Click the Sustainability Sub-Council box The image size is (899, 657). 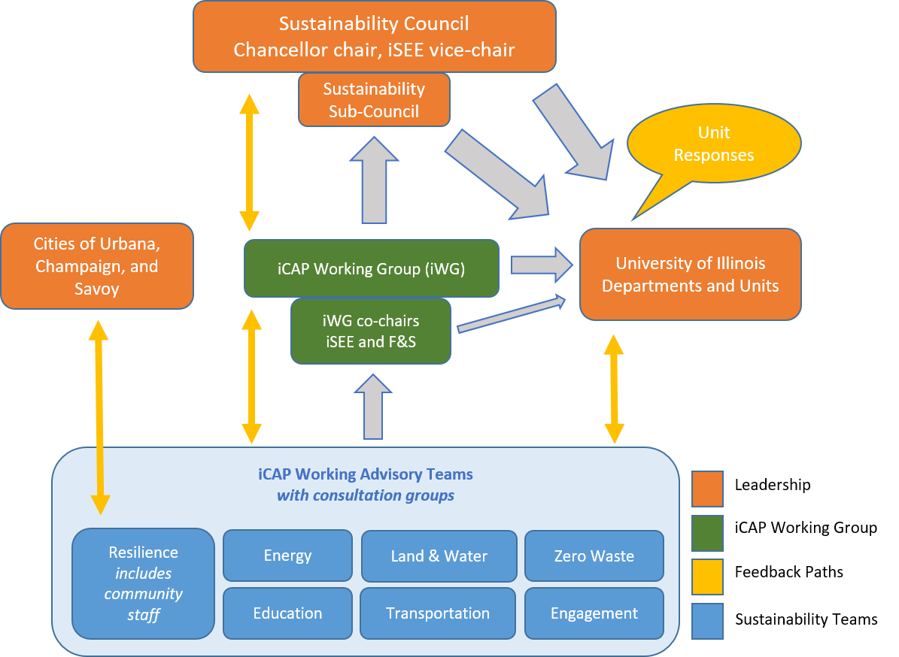click(374, 99)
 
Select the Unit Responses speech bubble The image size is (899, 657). click(713, 144)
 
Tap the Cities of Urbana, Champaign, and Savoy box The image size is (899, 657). click(97, 266)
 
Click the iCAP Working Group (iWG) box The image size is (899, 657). click(372, 268)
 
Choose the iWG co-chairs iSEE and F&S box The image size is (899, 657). click(371, 331)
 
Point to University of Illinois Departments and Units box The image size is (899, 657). click(690, 274)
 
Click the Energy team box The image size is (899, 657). click(287, 556)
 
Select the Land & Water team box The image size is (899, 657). click(439, 556)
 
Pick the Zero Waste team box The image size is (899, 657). click(594, 556)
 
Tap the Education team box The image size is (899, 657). click(287, 613)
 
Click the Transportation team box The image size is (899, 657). click(438, 613)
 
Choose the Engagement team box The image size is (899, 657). click(594, 613)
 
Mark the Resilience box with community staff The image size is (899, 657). click(143, 583)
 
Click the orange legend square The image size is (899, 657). click(707, 489)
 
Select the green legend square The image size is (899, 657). click(707, 533)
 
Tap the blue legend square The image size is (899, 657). click(707, 621)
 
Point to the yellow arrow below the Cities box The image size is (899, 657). click(99, 417)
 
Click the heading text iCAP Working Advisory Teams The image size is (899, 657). click(366, 474)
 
